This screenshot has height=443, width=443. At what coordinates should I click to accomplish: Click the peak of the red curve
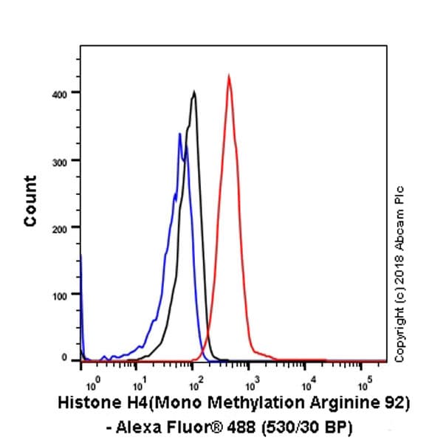click(229, 75)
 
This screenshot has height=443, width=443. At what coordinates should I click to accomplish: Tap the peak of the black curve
click(193, 92)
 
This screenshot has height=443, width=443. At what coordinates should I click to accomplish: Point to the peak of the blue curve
click(179, 134)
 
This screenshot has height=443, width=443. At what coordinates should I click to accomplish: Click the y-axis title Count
click(30, 201)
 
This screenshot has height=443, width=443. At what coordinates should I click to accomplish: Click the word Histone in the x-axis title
click(86, 405)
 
